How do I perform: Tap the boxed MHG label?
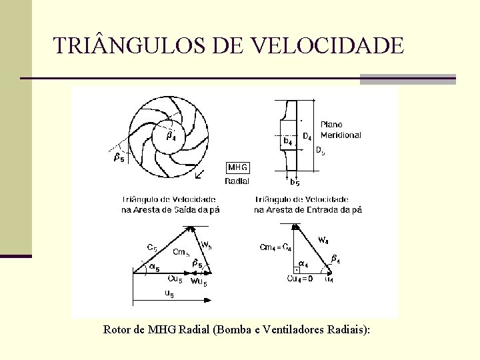tap(238, 167)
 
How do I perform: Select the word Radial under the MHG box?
tap(237, 181)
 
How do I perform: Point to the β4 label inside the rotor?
tap(171, 137)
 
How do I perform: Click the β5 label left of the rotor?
tap(119, 158)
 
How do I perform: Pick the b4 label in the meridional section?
tap(287, 141)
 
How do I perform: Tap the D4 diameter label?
tap(307, 137)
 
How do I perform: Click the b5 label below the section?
tap(294, 182)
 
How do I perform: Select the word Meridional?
tap(341, 135)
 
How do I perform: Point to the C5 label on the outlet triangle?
tap(152, 247)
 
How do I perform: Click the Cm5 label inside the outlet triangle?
tap(181, 252)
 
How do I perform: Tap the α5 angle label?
tap(153, 269)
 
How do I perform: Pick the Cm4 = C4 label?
tap(275, 248)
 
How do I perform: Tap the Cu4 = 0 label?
tap(300, 279)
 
